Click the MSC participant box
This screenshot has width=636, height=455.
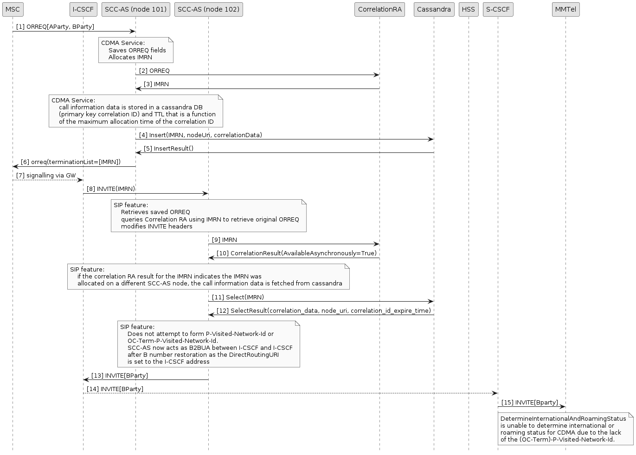[13, 9]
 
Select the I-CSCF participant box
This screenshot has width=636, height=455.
[84, 9]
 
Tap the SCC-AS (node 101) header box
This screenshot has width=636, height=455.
[135, 9]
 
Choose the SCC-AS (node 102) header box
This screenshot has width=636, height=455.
[208, 9]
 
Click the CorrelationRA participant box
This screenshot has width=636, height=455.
[379, 9]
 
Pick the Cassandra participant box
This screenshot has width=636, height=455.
[434, 9]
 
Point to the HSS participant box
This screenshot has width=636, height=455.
[469, 9]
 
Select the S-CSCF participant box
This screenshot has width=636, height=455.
[498, 9]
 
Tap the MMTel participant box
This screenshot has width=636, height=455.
[565, 9]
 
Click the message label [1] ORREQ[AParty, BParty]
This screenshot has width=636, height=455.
[55, 27]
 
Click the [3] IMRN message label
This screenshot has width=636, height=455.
[156, 84]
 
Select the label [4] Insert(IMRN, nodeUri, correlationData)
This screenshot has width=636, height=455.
[200, 135]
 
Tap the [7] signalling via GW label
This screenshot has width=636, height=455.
[46, 176]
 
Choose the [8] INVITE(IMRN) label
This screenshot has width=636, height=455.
[111, 189]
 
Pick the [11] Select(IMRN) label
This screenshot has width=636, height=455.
[238, 297]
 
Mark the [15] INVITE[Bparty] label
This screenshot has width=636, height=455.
[529, 403]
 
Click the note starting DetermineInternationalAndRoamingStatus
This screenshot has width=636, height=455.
[565, 429]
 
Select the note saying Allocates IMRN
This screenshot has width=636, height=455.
[135, 50]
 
